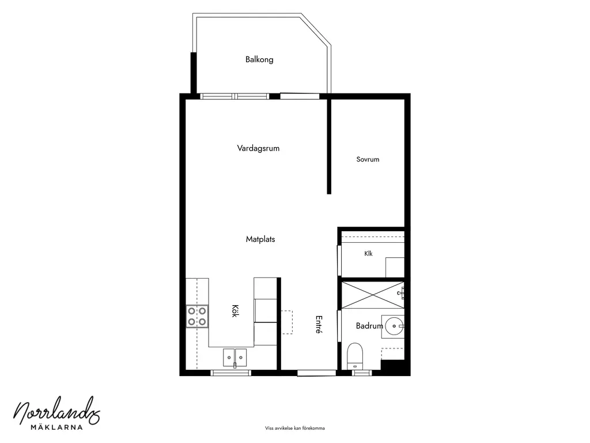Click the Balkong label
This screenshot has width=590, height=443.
[x=259, y=59]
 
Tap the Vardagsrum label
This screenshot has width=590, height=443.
[x=258, y=148]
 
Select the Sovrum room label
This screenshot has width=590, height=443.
[x=368, y=159]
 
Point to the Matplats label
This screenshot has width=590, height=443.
[x=260, y=239]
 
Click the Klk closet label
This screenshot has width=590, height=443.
[x=368, y=254]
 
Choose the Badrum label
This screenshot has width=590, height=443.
[x=369, y=326]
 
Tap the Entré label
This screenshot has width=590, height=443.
[x=319, y=325]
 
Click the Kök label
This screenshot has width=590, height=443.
[x=235, y=311]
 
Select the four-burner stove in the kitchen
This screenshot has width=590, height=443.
[x=197, y=317]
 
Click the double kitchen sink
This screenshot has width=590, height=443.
[x=235, y=358]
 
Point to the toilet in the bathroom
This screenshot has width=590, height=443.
[x=354, y=356]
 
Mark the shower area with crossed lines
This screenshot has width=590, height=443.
[x=373, y=295]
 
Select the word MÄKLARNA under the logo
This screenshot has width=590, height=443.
[x=56, y=427]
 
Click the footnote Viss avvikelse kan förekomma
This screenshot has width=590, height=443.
[x=294, y=429]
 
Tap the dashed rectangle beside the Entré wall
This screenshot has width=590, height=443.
[x=287, y=322]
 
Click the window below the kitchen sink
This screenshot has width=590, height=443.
[x=230, y=373]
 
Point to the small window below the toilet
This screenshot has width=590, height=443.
[x=362, y=373]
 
